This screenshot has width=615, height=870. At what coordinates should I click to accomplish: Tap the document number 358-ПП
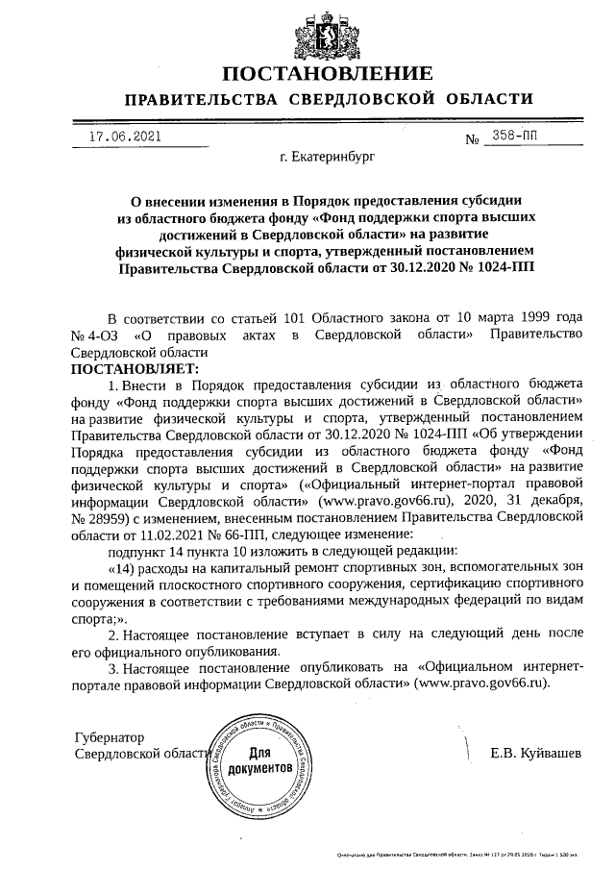tap(515, 137)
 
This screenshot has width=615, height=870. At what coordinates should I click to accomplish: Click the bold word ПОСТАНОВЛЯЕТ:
tap(135, 367)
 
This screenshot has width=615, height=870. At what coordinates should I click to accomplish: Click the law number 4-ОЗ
tap(103, 335)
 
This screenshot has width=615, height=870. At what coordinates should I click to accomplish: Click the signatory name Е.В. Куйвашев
tap(535, 754)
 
